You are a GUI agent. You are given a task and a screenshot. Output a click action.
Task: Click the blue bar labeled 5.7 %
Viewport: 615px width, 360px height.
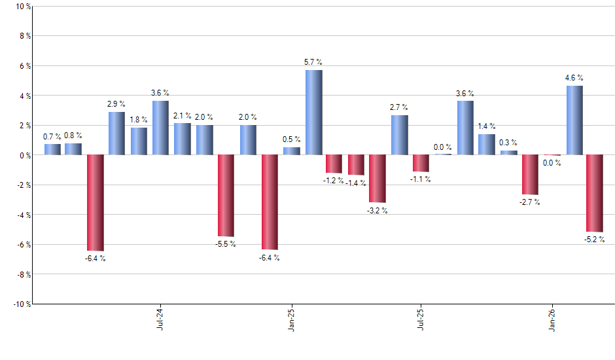point(313,113)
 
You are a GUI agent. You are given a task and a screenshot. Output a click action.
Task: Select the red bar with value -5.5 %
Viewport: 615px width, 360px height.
point(226,196)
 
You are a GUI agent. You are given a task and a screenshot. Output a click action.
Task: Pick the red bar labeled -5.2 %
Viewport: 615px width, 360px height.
point(595,194)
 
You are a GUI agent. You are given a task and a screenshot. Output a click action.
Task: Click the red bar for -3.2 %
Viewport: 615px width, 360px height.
point(378,179)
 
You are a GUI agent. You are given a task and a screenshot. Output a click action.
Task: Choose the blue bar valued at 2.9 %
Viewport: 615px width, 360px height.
point(116,134)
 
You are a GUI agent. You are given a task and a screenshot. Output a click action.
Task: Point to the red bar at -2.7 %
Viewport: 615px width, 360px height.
point(529,175)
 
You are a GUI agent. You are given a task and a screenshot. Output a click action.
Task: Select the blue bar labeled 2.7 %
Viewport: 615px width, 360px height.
point(399,135)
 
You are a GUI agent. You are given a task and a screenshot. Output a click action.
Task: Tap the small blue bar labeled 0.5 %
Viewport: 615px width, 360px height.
point(291,151)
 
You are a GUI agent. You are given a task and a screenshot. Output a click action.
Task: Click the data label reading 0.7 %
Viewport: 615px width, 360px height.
point(52,137)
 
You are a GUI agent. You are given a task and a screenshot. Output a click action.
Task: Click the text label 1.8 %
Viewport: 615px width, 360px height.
point(139,120)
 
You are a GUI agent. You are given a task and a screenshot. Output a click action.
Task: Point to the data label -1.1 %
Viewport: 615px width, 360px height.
point(421,179)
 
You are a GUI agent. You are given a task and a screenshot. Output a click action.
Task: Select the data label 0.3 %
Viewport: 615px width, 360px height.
point(508,143)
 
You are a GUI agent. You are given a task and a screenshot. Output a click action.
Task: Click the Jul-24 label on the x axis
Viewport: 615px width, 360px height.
point(160,320)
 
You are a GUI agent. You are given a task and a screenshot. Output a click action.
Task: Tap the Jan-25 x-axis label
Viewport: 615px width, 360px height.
point(291,320)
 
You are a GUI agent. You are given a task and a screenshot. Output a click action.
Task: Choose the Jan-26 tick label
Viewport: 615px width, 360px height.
point(552,320)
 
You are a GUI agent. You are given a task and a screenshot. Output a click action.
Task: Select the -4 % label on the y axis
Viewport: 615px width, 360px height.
point(22,215)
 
